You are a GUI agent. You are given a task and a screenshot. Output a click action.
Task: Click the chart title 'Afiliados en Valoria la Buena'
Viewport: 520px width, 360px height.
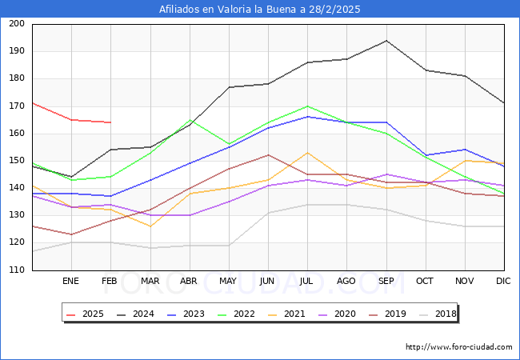tap(259, 10)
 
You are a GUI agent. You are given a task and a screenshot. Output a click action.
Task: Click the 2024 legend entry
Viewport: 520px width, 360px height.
tap(138, 314)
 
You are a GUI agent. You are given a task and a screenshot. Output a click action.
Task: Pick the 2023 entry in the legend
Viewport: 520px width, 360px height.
tap(188, 314)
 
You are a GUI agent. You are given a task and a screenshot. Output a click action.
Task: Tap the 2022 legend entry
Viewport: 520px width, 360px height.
tap(238, 314)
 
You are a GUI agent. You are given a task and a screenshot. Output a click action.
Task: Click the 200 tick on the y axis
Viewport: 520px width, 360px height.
tap(16, 24)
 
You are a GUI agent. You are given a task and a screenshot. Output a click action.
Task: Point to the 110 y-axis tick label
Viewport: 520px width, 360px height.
tap(16, 270)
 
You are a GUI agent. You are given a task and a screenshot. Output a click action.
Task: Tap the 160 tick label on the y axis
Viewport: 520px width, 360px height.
tap(16, 134)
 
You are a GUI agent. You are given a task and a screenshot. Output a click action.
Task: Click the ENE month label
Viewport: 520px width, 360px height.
tap(71, 282)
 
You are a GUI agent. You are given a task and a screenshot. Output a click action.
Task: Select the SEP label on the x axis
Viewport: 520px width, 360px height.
tap(386, 282)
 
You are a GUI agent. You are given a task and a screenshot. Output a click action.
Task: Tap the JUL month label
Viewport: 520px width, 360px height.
tap(307, 282)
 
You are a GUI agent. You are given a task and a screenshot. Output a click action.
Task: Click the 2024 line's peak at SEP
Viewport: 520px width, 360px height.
tap(386, 40)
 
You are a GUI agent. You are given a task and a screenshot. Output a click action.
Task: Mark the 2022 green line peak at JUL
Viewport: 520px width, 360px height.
tap(307, 106)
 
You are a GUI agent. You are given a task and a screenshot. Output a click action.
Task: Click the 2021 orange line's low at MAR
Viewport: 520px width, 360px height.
tap(150, 226)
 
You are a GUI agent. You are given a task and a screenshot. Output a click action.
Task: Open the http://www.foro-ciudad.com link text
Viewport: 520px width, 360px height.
tap(458, 347)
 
